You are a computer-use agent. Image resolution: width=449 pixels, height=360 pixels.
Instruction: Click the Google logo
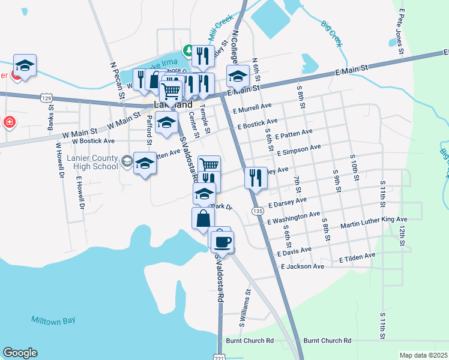tap(20, 353)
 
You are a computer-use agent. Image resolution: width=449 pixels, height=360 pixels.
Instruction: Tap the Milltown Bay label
tap(53, 320)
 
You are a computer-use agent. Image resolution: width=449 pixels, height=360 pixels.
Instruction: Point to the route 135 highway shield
tap(257, 211)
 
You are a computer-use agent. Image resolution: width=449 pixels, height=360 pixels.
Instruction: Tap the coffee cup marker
tap(221, 241)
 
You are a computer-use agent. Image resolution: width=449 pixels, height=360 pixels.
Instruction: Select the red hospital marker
tap(10, 122)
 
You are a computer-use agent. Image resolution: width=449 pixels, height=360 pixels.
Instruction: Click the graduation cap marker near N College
tap(238, 76)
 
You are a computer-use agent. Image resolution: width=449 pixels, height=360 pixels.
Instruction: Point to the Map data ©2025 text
tap(423, 355)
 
